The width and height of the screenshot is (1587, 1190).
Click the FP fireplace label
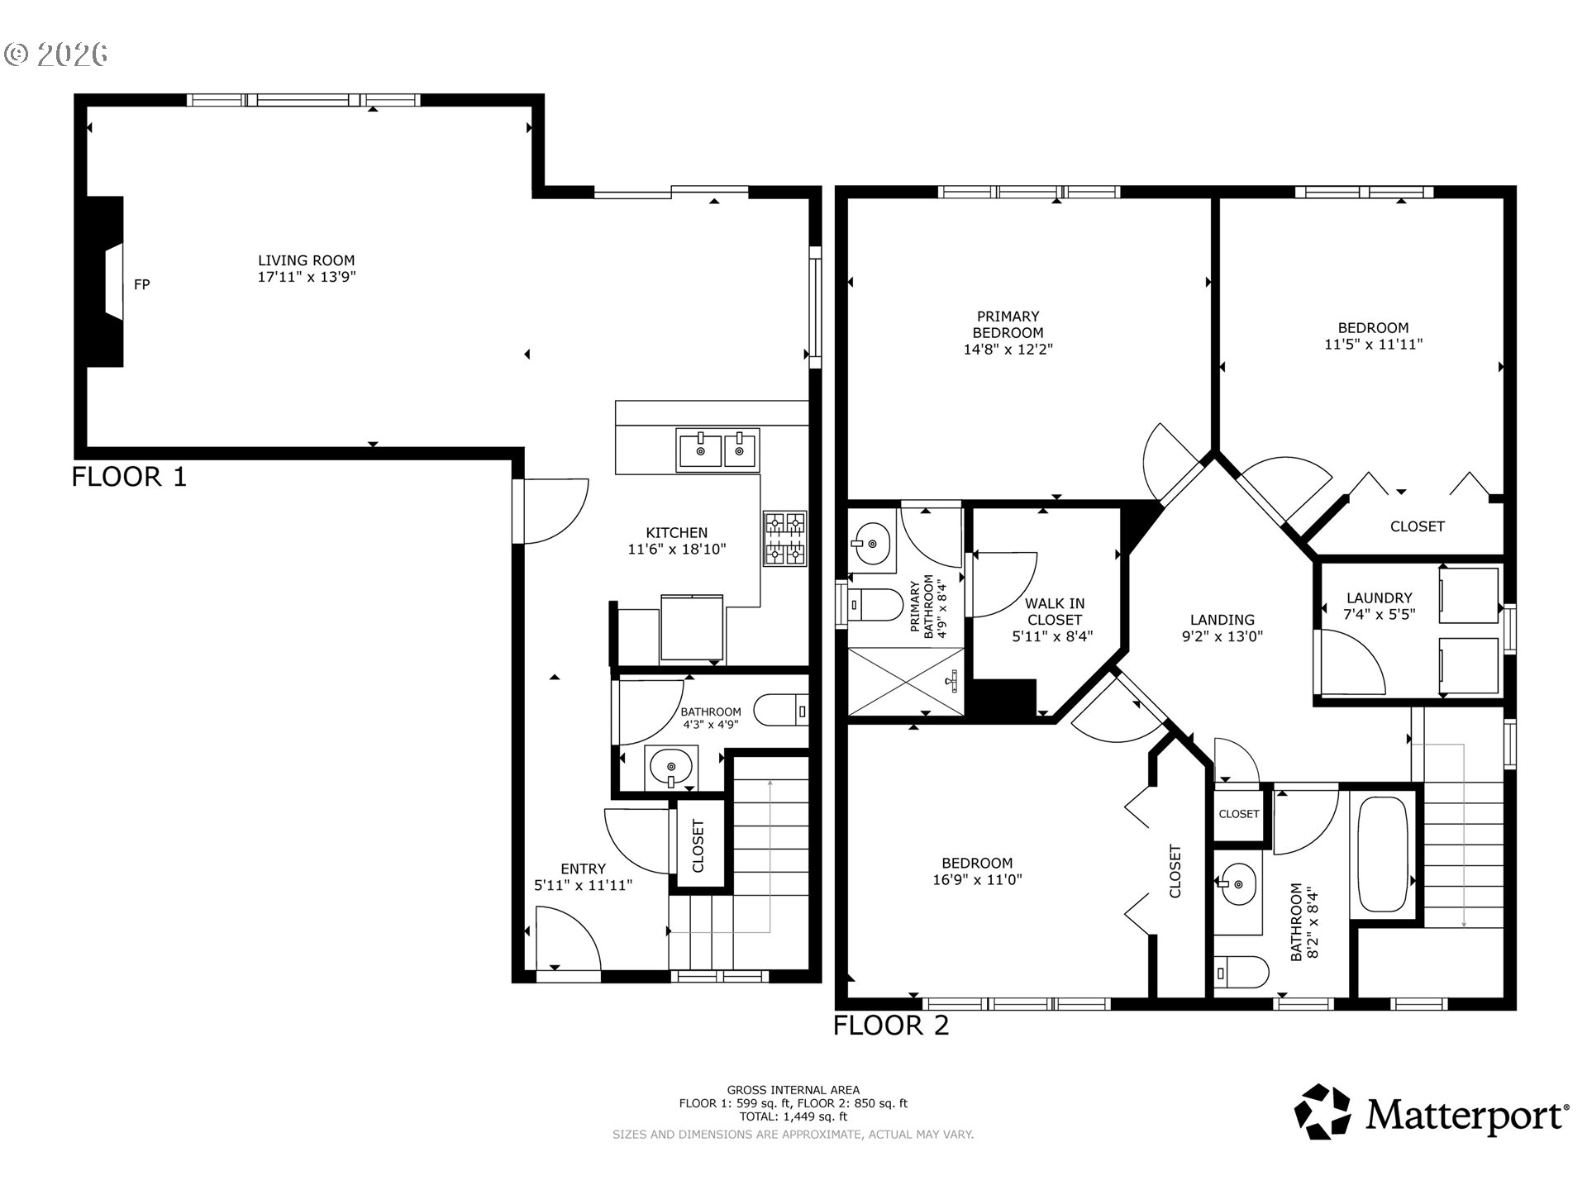(142, 284)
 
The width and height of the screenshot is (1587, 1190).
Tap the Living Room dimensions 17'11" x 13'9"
(307, 278)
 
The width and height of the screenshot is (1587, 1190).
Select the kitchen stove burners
(784, 538)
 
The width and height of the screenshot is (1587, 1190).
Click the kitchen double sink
(717, 450)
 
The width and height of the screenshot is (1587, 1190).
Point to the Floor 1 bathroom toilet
(781, 710)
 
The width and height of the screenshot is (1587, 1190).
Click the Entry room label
(584, 869)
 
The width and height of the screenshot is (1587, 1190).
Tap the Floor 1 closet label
(698, 845)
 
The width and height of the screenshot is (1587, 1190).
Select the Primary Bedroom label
(1008, 324)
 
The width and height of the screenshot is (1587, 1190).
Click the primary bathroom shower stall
(907, 681)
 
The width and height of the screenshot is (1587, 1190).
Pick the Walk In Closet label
(1056, 612)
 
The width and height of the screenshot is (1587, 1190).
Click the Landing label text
(1222, 620)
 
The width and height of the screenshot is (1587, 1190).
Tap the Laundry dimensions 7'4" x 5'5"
(1380, 615)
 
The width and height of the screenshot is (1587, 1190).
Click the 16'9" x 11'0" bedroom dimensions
(978, 880)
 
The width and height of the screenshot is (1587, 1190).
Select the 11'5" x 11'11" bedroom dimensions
(1374, 344)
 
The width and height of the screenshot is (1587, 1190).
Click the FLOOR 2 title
(891, 1026)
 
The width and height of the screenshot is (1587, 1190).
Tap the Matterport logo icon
(1322, 1112)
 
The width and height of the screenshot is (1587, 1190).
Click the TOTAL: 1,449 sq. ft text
(793, 1116)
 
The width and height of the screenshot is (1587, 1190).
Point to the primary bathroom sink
(870, 543)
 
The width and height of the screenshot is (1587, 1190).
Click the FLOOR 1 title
(130, 477)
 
